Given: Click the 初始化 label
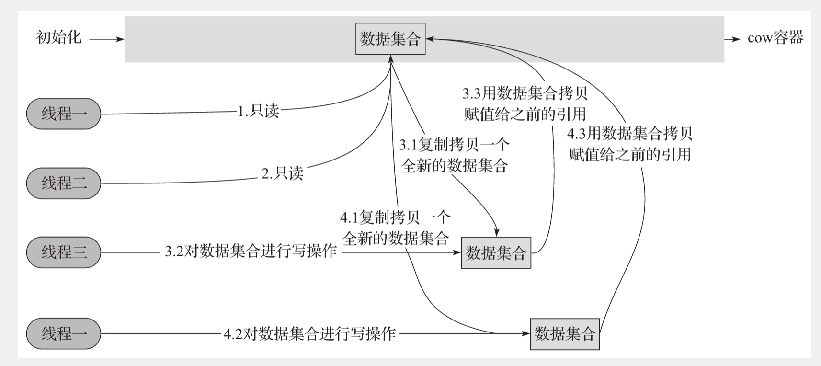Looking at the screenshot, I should (x=59, y=37).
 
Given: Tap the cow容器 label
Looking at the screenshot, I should (x=775, y=38).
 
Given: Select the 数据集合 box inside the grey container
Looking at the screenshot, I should (x=390, y=39).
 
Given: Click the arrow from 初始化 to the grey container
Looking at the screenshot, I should (x=106, y=39).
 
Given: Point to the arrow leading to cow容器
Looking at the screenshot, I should (x=732, y=39).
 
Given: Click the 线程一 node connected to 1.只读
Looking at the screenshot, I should (x=64, y=114).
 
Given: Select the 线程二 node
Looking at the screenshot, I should (x=64, y=183).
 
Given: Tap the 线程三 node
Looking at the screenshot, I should (x=64, y=252).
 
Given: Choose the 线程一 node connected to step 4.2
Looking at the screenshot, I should (x=64, y=333).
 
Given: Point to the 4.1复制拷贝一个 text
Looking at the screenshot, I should (x=395, y=217).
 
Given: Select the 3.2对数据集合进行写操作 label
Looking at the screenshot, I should (x=251, y=252).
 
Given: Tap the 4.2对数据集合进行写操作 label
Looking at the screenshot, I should (x=309, y=333).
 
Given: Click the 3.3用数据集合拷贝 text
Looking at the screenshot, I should (x=525, y=92).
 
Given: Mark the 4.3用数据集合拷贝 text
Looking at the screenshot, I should (x=629, y=133).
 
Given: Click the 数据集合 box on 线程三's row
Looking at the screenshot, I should (x=496, y=252).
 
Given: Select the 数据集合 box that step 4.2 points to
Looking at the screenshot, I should (x=564, y=333).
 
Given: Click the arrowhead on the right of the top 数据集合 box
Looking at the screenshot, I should (x=429, y=39).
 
